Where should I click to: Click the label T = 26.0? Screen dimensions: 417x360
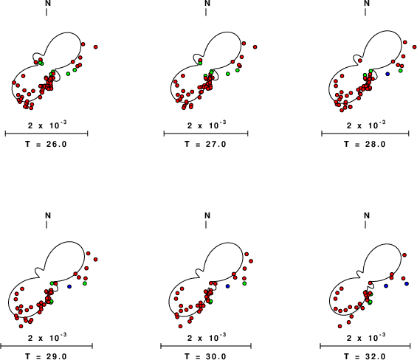[46, 144]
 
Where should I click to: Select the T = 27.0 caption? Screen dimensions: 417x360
[205, 144]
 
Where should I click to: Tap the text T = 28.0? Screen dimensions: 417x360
[365, 144]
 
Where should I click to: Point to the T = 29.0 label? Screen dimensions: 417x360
[46, 356]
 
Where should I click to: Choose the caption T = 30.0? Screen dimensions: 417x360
[205, 356]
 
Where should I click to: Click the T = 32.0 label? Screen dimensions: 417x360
[365, 356]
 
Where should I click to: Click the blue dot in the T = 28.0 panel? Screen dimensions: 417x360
[387, 74]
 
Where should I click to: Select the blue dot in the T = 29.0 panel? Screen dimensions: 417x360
[69, 287]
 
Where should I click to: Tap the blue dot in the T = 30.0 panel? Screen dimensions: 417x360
[227, 286]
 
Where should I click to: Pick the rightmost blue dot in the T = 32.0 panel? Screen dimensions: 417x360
[407, 284]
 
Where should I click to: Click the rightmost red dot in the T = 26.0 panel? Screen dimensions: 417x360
[96, 47]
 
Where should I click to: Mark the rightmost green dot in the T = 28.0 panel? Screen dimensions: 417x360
[401, 71]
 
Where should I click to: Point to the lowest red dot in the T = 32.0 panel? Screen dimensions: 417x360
[340, 326]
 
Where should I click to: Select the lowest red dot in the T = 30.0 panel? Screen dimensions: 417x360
[181, 326]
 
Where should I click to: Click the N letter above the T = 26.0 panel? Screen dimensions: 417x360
[48, 3]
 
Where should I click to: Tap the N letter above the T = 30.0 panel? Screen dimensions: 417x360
[207, 215]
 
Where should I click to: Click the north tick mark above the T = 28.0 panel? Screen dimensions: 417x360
[365, 12]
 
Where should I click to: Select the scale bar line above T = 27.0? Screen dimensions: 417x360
[206, 134]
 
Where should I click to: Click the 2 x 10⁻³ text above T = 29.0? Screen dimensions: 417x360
[47, 338]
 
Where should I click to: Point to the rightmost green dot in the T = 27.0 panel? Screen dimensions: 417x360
[238, 70]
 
